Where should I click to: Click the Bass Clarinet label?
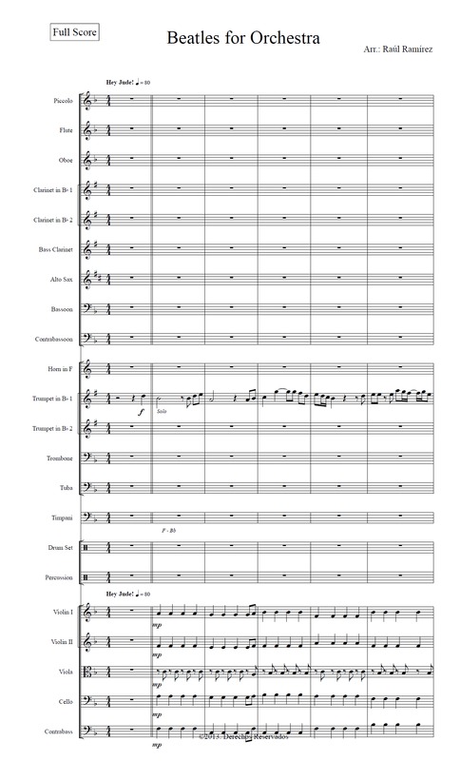(59, 250)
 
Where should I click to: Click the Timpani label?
(63, 519)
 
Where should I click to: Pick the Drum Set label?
(62, 550)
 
